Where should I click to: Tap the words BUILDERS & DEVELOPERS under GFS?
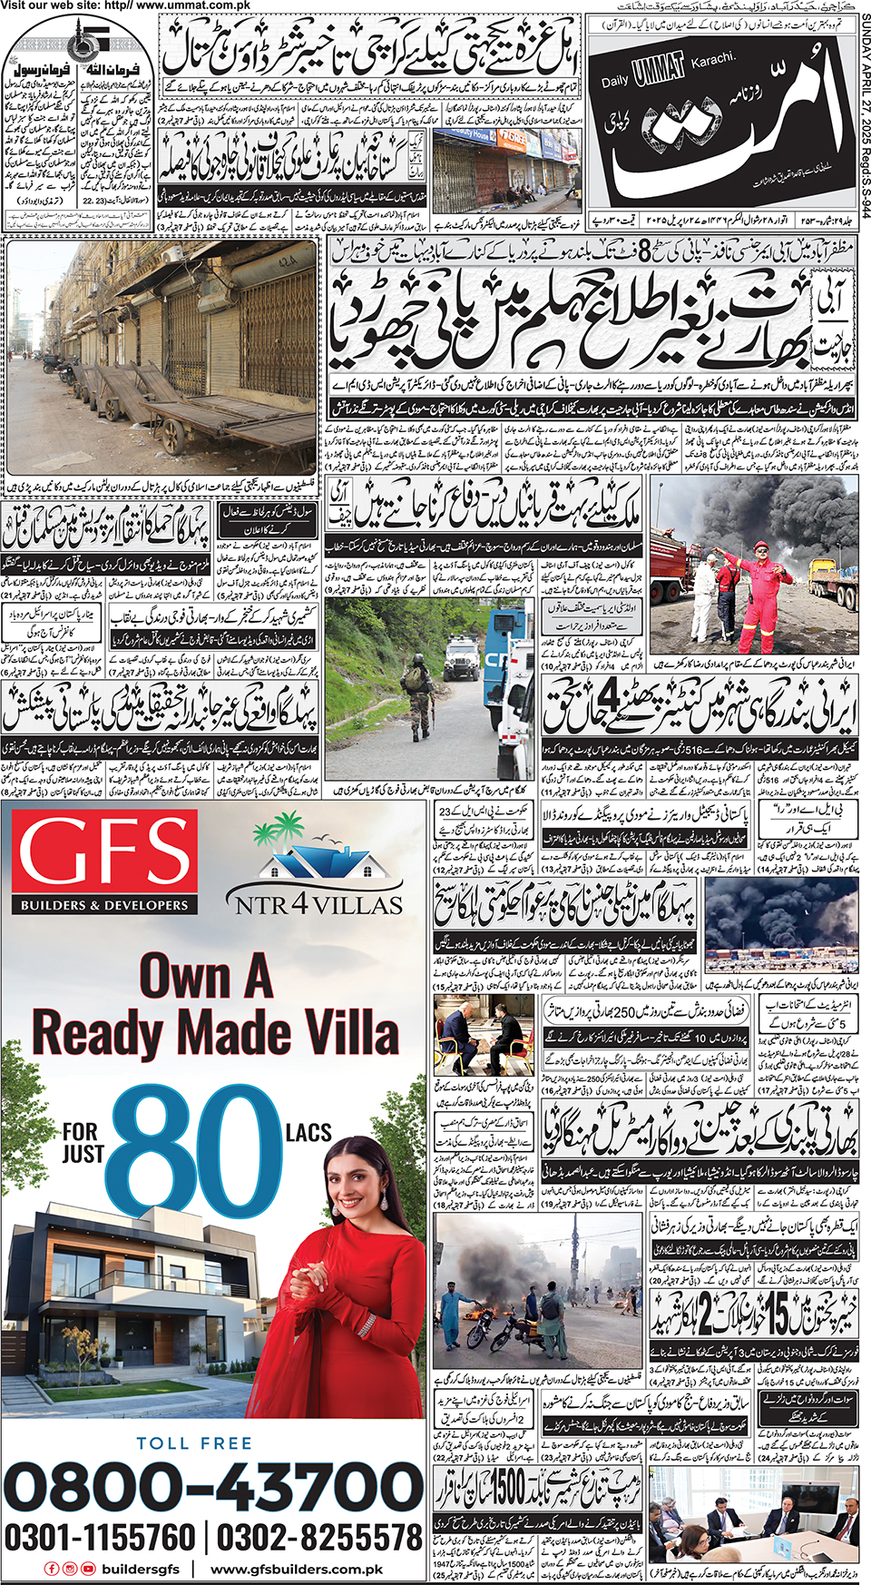104,905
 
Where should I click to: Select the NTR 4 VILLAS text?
318,904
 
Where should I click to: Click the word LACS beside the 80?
308,1132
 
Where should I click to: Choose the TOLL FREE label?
194,1442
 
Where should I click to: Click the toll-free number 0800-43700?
214,1487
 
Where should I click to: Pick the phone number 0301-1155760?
100,1537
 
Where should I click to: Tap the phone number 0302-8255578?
319,1537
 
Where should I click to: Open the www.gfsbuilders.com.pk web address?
297,1569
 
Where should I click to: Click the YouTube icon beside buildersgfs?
88,1569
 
